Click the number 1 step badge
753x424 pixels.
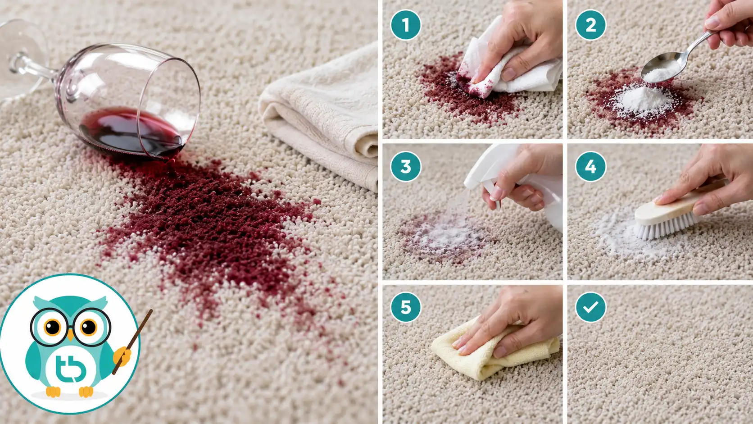pos(406,25)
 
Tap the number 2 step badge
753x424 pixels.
pos(590,25)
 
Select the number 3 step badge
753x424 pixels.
pos(406,166)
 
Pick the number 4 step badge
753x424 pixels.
pos(590,166)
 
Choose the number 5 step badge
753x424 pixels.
pos(406,307)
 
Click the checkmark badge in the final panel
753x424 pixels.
pos(590,307)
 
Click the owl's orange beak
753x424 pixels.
pos(70,335)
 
